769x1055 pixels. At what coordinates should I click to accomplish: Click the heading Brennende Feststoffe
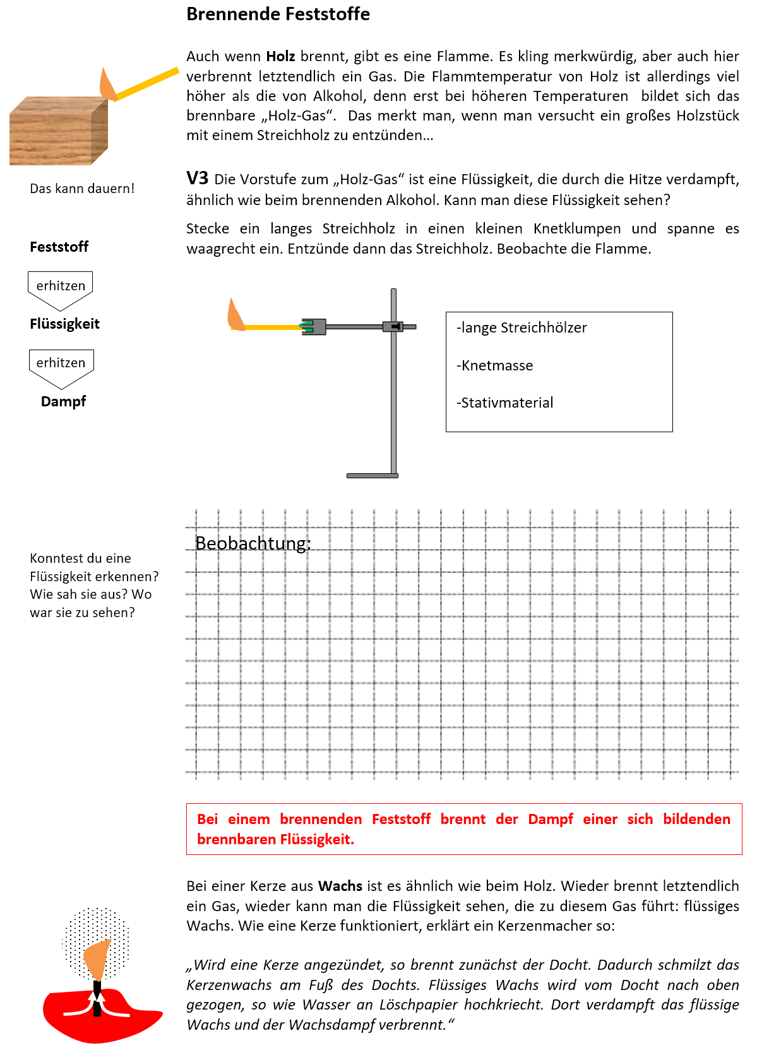[278, 14]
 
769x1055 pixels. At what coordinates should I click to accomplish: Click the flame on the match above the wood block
[107, 85]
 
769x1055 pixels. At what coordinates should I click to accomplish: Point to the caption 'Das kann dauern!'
[82, 189]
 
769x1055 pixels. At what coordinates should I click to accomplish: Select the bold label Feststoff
[59, 247]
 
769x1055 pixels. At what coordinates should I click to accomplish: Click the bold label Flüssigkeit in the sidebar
[64, 324]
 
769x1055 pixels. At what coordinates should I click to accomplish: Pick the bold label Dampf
[63, 401]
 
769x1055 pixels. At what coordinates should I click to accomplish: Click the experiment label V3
[197, 179]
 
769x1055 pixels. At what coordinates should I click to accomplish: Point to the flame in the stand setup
[236, 315]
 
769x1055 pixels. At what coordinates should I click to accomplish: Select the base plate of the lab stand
[373, 475]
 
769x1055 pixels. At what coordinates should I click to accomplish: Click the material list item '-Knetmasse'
[495, 365]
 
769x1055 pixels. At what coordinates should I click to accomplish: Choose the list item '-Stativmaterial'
[505, 403]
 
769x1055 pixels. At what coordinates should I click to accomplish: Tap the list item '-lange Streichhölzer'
[522, 327]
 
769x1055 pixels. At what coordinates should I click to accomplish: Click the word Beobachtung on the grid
[253, 543]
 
